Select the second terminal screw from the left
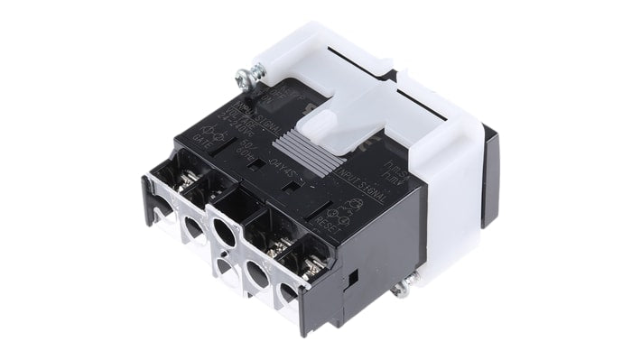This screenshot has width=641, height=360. pos(213,193)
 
